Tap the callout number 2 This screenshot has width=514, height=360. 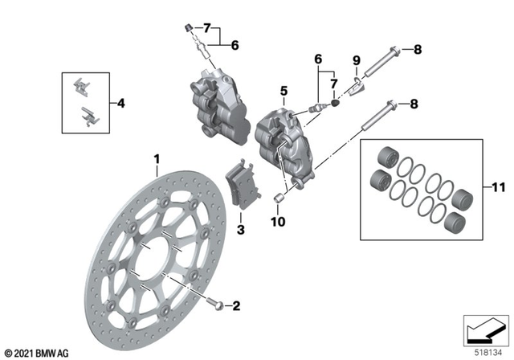click(236, 305)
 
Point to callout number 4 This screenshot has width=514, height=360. click(121, 103)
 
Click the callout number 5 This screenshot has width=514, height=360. click(283, 91)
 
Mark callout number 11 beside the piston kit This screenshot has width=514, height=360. click(497, 189)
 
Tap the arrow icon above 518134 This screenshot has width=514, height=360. click(484, 329)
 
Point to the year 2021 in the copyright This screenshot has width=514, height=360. click(22, 352)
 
